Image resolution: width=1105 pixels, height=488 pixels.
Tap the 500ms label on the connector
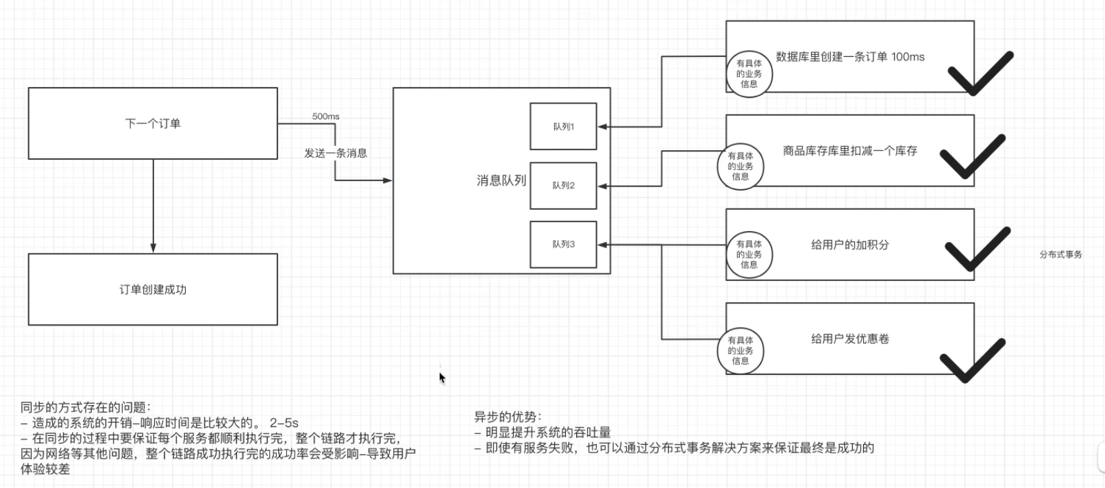[325, 117]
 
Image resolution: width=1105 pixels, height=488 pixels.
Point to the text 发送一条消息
[336, 153]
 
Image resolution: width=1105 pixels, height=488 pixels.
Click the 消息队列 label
[501, 180]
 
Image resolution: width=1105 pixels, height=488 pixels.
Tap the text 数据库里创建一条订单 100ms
[850, 57]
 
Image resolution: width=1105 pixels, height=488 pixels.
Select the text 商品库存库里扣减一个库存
[850, 151]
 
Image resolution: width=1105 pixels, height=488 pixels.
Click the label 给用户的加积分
[850, 245]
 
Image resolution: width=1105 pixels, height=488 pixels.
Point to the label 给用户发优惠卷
[850, 339]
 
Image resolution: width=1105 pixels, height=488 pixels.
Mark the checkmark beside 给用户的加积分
[978, 249]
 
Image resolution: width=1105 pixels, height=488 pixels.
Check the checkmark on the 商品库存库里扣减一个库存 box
[972, 156]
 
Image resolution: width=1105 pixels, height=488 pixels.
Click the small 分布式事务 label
[1060, 254]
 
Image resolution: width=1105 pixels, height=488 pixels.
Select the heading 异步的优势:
[508, 417]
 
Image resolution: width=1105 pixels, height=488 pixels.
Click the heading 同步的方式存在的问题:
[86, 407]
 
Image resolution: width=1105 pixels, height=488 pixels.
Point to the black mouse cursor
[442, 378]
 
